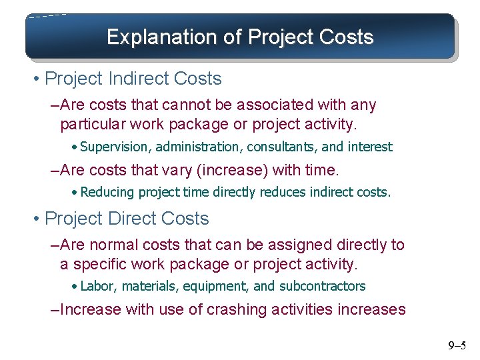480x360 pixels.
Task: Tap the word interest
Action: [369, 147]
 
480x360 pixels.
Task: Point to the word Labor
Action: [96, 287]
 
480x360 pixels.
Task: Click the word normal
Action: [114, 245]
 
